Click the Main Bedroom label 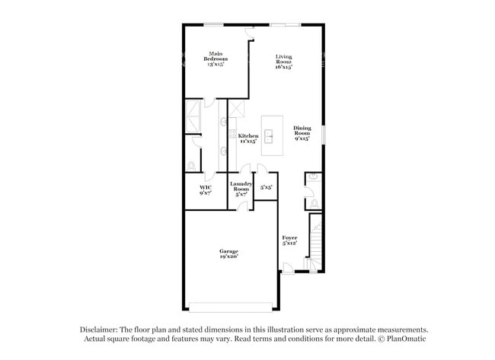pyautogui.click(x=216, y=59)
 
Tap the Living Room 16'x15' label pyautogui.click(x=284, y=62)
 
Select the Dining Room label pyautogui.click(x=302, y=133)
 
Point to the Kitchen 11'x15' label pyautogui.click(x=248, y=138)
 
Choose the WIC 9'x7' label pyautogui.click(x=206, y=190)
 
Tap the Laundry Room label pyautogui.click(x=241, y=189)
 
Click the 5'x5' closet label pyautogui.click(x=267, y=186)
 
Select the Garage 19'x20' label pyautogui.click(x=229, y=254)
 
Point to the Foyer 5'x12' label pyautogui.click(x=289, y=241)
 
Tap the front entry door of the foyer pyautogui.click(x=288, y=268)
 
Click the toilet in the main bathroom pyautogui.click(x=191, y=164)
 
